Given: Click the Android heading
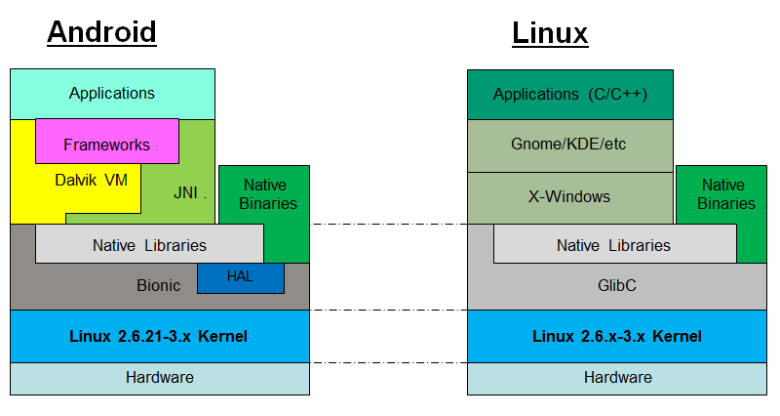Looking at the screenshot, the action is click(x=102, y=32).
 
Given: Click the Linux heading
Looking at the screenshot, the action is click(x=550, y=33).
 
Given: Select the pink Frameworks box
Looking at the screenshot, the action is click(x=107, y=141).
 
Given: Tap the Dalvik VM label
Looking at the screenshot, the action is click(x=91, y=180).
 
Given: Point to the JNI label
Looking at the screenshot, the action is click(x=185, y=192).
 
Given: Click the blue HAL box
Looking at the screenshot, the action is click(x=241, y=278).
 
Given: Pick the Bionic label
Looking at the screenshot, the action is click(x=158, y=285).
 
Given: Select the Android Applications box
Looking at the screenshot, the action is click(x=112, y=94).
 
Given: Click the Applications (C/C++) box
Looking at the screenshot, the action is click(x=570, y=95).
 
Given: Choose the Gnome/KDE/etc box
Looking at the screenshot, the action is click(x=570, y=146).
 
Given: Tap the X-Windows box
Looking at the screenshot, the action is click(x=570, y=198).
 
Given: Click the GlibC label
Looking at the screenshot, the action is click(x=617, y=285).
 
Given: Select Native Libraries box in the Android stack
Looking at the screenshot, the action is click(x=149, y=243).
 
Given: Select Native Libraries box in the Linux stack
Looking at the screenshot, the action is click(x=615, y=243).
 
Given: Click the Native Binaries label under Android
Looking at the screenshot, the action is click(x=267, y=194).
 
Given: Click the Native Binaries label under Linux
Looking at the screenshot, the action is click(x=725, y=194).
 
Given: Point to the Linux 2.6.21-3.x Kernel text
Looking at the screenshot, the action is click(x=158, y=336).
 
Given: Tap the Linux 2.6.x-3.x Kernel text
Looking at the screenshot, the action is click(x=617, y=336).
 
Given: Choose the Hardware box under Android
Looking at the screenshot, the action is click(x=160, y=379).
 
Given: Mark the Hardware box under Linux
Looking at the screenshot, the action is click(x=617, y=379).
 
